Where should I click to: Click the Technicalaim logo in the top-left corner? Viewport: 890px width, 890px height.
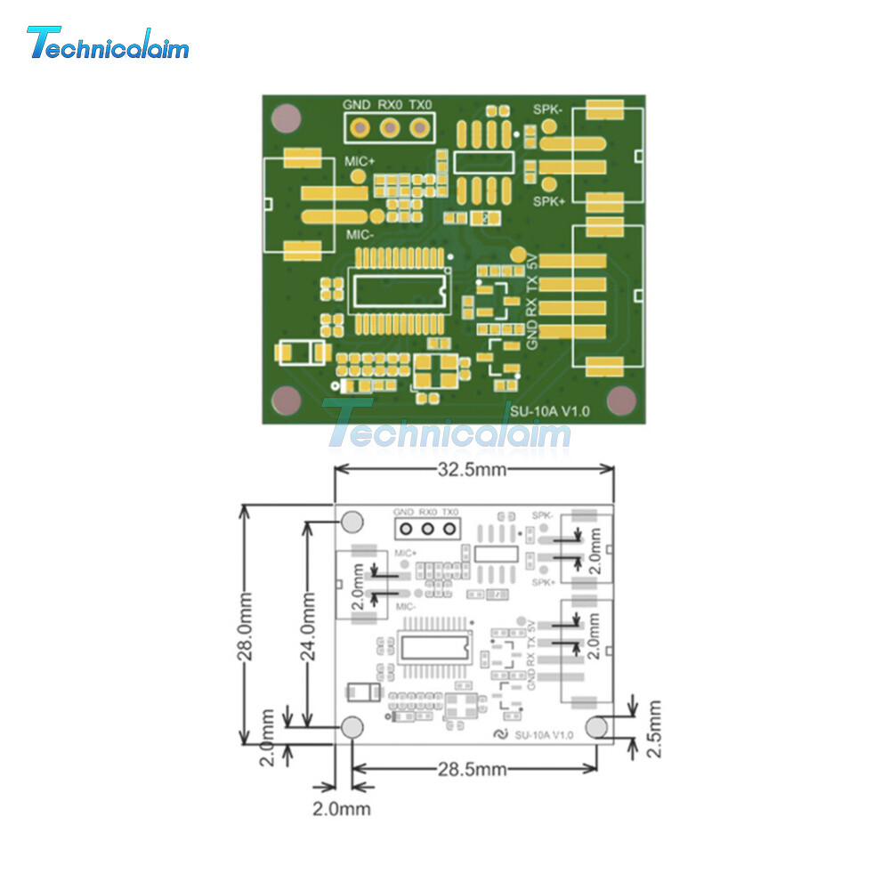108,43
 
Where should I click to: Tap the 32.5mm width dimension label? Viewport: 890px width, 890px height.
473,470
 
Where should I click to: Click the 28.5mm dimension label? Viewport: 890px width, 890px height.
473,769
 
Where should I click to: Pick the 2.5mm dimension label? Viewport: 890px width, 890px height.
655,728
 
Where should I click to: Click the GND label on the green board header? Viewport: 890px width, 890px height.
356,105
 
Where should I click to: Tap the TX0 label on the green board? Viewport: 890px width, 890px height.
420,105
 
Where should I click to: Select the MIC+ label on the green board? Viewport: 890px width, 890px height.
360,162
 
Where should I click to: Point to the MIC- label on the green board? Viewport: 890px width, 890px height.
360,234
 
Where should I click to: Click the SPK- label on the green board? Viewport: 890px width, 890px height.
547,110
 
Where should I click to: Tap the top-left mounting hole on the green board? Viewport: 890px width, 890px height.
287,117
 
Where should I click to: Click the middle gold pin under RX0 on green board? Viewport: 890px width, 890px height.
389,128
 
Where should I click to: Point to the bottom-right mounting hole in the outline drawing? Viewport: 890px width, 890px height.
597,728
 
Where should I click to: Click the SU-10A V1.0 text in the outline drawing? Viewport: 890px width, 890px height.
543,734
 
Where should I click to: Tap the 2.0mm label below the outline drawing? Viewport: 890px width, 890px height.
341,808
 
